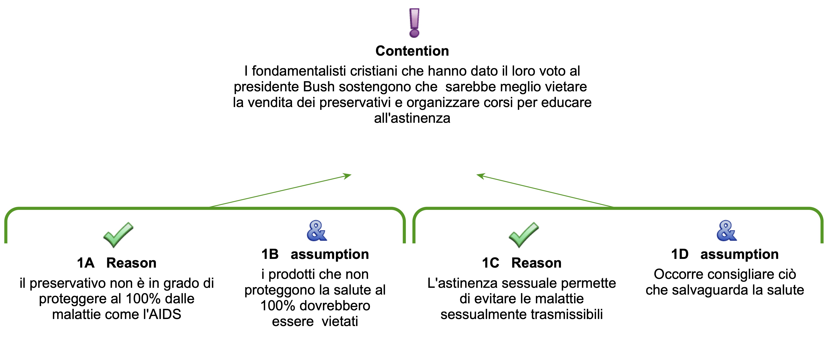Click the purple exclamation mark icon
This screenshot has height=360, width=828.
coord(414,23)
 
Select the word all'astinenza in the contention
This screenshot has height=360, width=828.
coord(412,118)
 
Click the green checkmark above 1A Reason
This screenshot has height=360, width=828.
coord(118,235)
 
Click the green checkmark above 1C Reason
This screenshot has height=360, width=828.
coord(523,235)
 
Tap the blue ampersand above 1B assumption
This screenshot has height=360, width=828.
coord(317,231)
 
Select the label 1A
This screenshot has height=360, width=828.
coord(86,263)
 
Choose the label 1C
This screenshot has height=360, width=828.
coord(490,263)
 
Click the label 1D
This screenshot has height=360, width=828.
coord(680,254)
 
